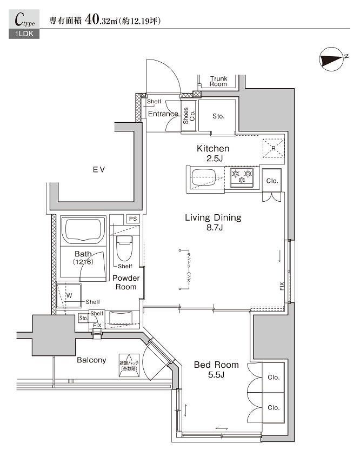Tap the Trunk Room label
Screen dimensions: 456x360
coord(218,81)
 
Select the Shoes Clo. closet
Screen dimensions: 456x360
coord(187,116)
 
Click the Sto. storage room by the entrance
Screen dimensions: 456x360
coord(218,116)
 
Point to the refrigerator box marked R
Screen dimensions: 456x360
coord(273,147)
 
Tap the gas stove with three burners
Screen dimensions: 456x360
coord(242,177)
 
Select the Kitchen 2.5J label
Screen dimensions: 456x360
coord(213,153)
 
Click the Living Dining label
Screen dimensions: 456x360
coord(213,222)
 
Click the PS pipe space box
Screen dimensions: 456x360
coord(132,219)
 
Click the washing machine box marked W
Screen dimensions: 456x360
coord(69,296)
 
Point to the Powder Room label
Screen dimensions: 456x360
coord(126,282)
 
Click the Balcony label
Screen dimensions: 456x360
coord(91,360)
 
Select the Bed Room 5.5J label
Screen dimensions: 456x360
coord(216,369)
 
